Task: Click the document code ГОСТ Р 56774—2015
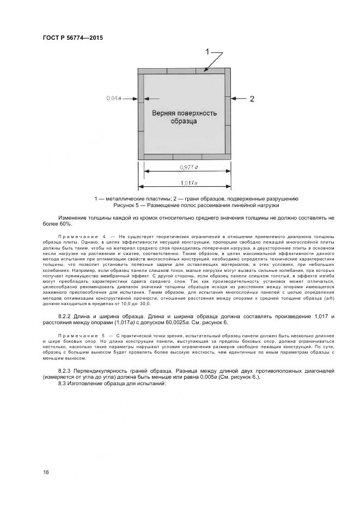(72, 38)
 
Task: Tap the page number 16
(46, 471)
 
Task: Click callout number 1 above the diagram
(208, 51)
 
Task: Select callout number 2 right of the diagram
(252, 99)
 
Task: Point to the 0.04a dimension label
(113, 98)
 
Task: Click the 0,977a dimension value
(188, 167)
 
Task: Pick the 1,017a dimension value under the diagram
(188, 183)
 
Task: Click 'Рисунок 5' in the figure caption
(127, 205)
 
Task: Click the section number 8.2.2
(66, 317)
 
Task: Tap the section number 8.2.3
(66, 371)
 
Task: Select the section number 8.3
(62, 384)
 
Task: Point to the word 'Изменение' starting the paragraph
(74, 218)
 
